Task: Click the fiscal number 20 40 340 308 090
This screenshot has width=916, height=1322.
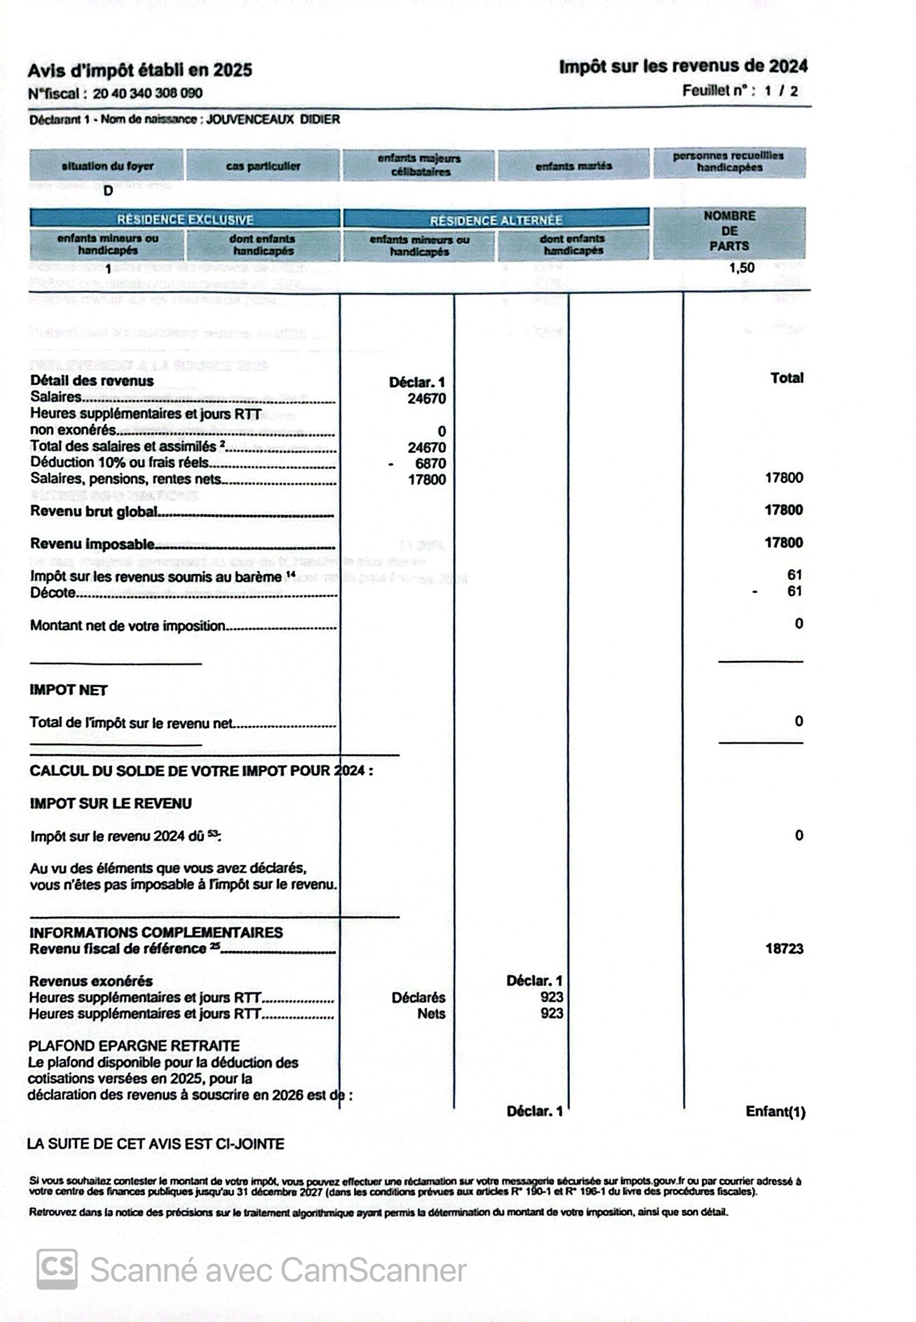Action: point(147,93)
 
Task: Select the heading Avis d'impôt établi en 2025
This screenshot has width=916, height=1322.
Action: point(140,70)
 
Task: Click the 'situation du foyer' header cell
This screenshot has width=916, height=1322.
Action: point(107,166)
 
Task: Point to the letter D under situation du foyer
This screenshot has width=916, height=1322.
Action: point(108,191)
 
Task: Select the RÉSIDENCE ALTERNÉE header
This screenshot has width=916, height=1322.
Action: point(496,220)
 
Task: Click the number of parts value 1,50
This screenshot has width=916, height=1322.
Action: point(742,268)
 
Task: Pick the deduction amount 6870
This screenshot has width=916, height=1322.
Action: point(431,463)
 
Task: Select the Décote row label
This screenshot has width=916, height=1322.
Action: point(53,592)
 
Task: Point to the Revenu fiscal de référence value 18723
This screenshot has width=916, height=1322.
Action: point(784,948)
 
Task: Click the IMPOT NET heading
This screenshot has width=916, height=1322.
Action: point(68,690)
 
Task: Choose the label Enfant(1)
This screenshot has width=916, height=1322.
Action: point(775,1111)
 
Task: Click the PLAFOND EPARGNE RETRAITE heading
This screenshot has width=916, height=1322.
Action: point(134,1046)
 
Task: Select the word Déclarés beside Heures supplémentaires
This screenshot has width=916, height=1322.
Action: point(419,997)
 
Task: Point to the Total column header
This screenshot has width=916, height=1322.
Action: point(786,378)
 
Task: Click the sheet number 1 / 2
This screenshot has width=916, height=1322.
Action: point(780,91)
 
